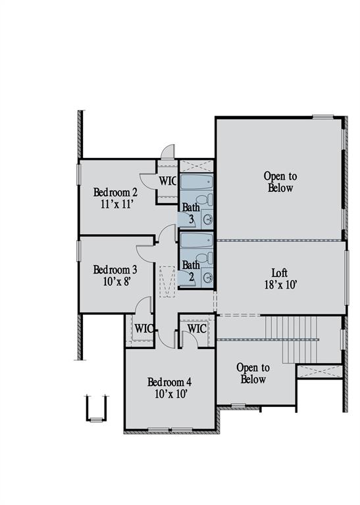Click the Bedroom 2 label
(x=115, y=192)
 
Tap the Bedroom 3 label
(x=115, y=270)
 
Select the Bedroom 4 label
(x=169, y=382)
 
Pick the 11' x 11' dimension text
(x=116, y=204)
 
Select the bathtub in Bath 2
(x=196, y=239)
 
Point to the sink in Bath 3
(x=208, y=219)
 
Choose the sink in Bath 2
(x=208, y=277)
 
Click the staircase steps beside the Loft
(x=290, y=339)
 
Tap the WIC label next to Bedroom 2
(x=167, y=181)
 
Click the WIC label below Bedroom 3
(x=143, y=327)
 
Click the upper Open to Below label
(x=280, y=182)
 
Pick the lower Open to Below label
(x=253, y=373)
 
